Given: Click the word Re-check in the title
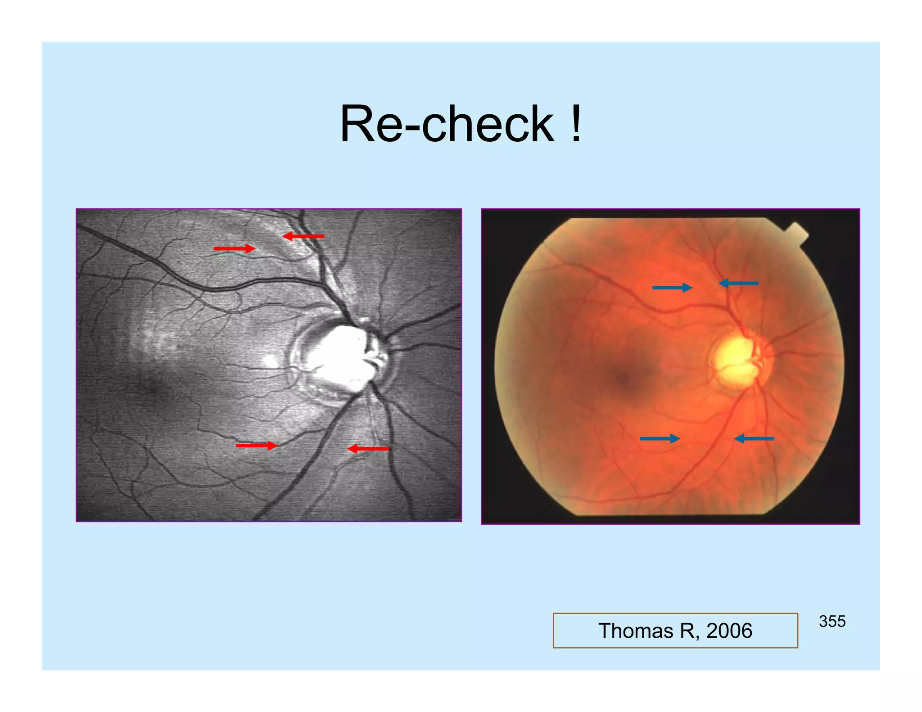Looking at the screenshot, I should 447,124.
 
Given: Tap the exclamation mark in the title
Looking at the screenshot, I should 575,124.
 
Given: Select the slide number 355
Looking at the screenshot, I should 832,622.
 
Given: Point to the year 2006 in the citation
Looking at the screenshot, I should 729,631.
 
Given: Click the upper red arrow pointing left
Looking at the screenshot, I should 303,236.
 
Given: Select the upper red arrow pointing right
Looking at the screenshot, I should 234,248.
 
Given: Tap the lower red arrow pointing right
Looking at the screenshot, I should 257,446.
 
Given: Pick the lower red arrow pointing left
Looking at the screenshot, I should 368,449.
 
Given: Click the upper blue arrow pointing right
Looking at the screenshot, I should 672,288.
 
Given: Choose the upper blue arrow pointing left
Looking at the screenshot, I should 738,283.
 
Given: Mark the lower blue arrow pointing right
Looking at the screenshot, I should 660,438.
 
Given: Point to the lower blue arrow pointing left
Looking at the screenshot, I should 754,438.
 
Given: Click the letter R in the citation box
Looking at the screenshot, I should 688,631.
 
